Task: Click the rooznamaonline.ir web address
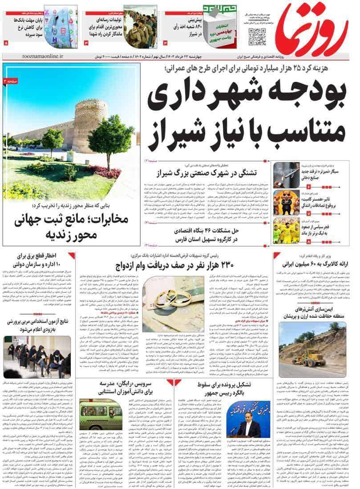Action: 42,57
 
